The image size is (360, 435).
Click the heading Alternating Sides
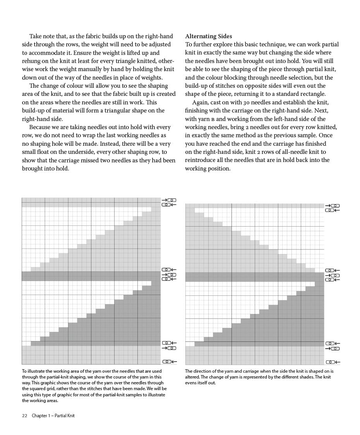[206, 36]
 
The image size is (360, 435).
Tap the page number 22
[25, 416]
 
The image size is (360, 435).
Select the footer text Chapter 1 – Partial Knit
[53, 416]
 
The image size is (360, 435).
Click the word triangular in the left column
[122, 111]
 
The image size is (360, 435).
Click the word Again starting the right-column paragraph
[201, 102]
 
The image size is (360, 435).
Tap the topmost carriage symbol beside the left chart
[169, 200]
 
